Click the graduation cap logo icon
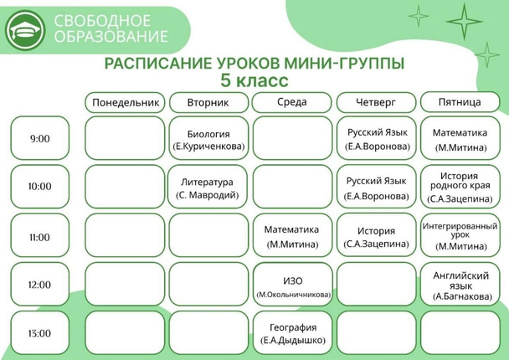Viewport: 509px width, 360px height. (x=25, y=30)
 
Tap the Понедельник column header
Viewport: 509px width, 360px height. (x=125, y=103)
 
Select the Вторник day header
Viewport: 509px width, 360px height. (x=208, y=103)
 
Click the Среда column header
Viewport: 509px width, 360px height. (x=292, y=102)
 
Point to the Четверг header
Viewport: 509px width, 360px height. (x=376, y=102)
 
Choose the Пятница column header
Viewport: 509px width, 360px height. (x=460, y=102)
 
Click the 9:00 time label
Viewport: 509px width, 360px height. (x=40, y=138)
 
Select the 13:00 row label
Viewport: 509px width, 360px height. (x=40, y=332)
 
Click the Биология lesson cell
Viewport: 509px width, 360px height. (x=208, y=138)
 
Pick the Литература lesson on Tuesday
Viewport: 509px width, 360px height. (x=208, y=187)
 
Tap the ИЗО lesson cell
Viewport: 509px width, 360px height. (x=293, y=285)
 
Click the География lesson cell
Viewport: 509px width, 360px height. (x=293, y=332)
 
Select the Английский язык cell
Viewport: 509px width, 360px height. (x=460, y=285)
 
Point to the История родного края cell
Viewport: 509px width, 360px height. (x=460, y=187)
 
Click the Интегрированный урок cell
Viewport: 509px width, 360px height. (x=460, y=235)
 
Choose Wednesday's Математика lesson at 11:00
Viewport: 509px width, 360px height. (x=292, y=235)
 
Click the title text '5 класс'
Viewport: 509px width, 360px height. (x=254, y=80)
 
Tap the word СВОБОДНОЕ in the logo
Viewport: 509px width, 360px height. (x=102, y=21)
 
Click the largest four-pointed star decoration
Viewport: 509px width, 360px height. (x=464, y=22)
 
